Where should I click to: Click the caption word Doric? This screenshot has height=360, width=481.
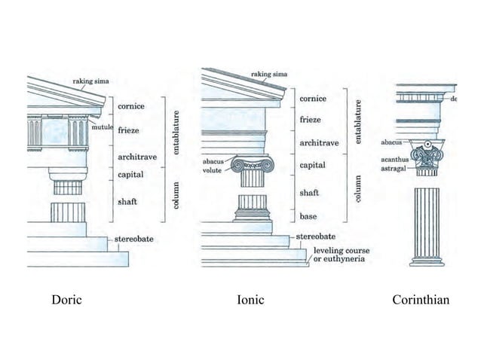(66, 301)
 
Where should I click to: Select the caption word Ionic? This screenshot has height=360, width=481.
(250, 301)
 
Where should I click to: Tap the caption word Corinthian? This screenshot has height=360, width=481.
(420, 301)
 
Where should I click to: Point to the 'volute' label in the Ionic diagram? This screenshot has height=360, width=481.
(212, 170)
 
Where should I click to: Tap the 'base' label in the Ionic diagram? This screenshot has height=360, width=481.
(308, 217)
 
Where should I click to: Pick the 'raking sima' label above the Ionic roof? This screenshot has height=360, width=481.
(268, 74)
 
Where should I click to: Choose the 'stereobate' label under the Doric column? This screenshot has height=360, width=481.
(134, 239)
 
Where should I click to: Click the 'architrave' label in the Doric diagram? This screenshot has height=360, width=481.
(136, 157)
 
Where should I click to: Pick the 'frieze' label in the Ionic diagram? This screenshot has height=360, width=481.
(311, 120)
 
